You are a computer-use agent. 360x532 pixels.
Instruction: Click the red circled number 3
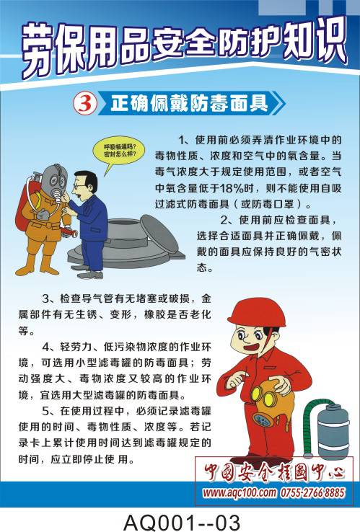click(85, 104)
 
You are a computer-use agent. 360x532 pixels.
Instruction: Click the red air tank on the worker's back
click(22, 210)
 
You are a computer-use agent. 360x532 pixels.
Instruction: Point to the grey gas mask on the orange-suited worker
click(54, 182)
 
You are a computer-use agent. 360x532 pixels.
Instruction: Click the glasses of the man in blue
click(80, 186)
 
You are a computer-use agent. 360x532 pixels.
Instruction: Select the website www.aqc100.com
click(240, 492)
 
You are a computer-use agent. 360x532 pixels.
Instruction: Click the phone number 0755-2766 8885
click(312, 492)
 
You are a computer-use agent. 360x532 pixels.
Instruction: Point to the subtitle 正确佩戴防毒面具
click(189, 103)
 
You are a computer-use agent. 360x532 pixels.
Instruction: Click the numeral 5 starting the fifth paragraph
click(45, 411)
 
